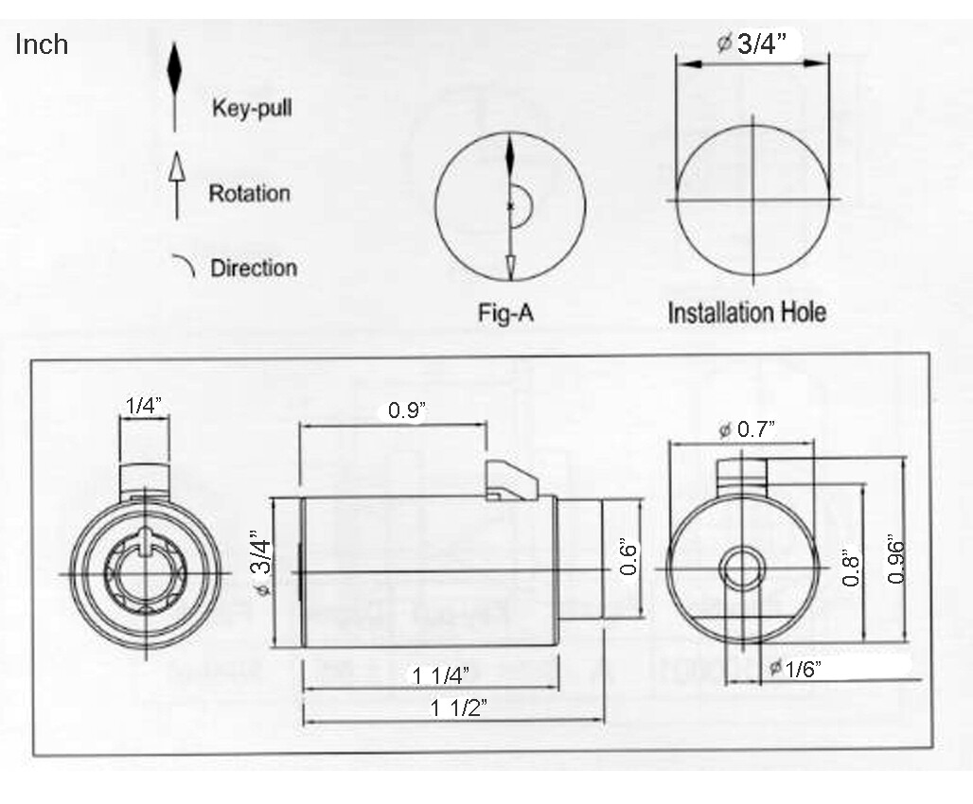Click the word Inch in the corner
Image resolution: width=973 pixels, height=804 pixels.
click(42, 44)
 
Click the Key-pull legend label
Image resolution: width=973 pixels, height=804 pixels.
click(252, 108)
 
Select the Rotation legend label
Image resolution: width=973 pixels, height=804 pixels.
click(250, 193)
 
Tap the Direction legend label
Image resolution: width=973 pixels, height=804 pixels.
click(254, 268)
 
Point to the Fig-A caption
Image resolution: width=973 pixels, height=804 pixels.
click(505, 312)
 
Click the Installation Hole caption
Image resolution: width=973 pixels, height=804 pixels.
click(747, 312)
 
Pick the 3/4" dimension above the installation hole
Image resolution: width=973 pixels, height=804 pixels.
click(752, 44)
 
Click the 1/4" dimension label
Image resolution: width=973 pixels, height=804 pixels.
click(144, 406)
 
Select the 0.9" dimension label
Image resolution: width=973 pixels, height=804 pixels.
click(407, 411)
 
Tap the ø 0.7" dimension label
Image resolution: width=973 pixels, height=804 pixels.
click(747, 428)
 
